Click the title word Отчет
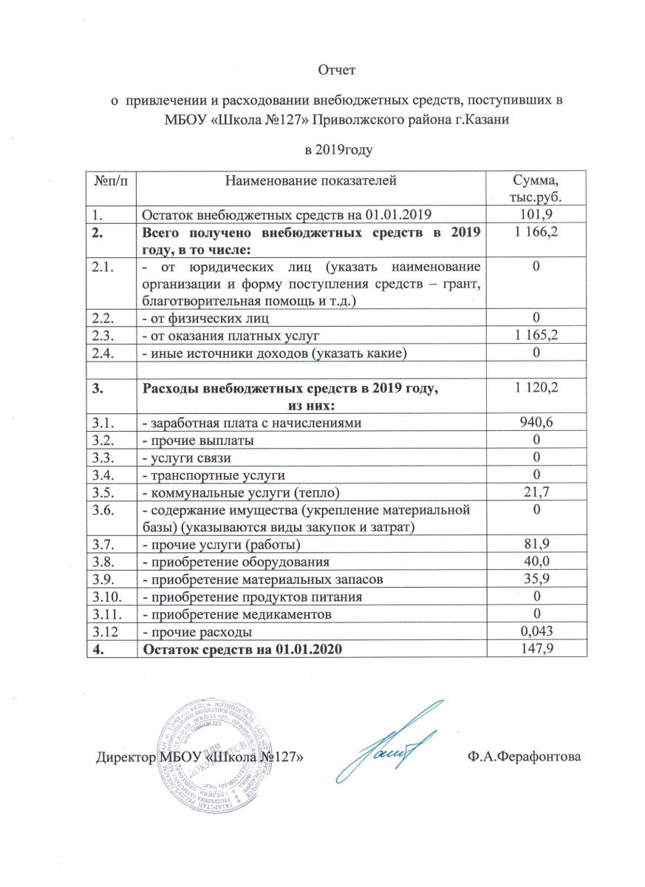pos(337,71)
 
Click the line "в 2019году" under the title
pos(337,151)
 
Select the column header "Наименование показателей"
pos(311,180)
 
